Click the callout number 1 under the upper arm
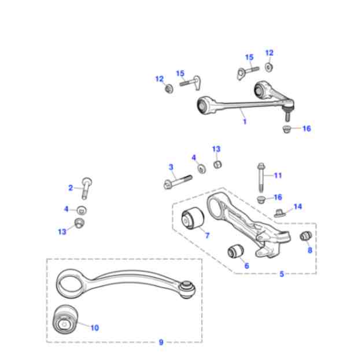pos(245,122)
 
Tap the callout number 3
pos(171,167)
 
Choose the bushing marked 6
pos(235,251)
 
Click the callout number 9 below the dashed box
pos(161,342)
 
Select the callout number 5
pos(282,273)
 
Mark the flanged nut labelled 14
pos(279,211)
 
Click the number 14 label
pos(297,206)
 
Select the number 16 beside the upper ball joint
pos(306,128)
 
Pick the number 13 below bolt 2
pos(62,232)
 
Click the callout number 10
pos(94,328)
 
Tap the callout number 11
pos(278,175)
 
